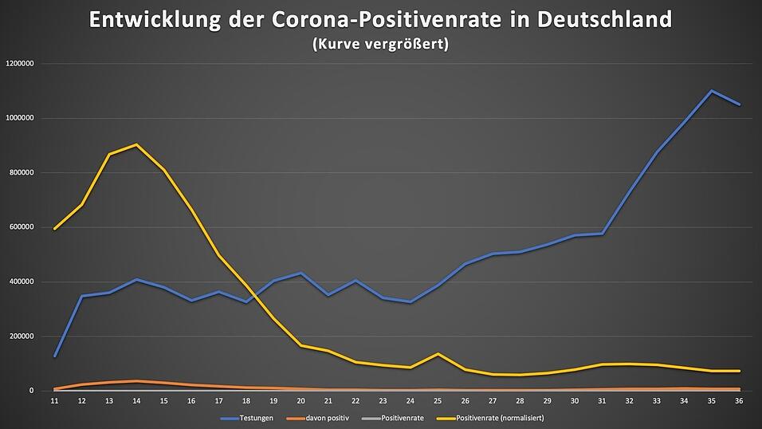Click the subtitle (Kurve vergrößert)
click(380, 45)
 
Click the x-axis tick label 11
click(54, 401)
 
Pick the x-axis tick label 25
click(438, 401)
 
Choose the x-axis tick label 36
click(740, 401)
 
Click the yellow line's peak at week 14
click(136, 144)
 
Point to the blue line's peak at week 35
click(712, 91)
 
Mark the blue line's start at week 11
click(54, 356)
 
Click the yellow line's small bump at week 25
click(438, 353)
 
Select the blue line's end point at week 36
click(740, 104)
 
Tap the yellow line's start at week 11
click(54, 229)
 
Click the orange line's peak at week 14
click(136, 381)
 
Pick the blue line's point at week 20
click(301, 274)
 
